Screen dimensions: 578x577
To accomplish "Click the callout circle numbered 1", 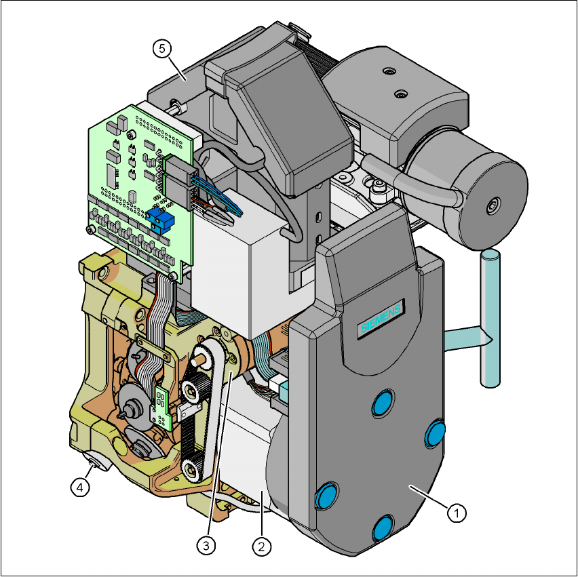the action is [457, 513].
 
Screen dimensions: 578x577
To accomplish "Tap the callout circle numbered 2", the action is [261, 546].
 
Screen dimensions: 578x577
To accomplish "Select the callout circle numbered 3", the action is [206, 545].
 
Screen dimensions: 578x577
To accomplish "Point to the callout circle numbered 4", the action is [80, 488].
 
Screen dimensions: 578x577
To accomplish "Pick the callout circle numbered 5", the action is [162, 49].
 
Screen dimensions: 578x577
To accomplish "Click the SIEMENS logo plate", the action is [381, 317].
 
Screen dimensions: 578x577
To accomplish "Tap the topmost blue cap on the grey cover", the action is [383, 402].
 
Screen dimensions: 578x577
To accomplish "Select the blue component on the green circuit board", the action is [160, 220].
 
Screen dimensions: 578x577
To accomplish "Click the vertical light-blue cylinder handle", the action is [490, 319].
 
